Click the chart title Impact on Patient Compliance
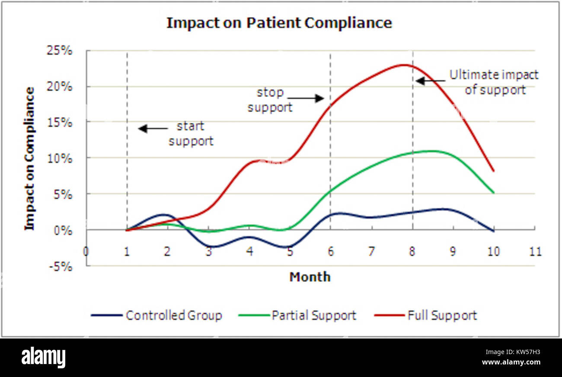(x=279, y=23)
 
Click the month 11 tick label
(x=535, y=251)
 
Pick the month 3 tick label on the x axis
(x=209, y=251)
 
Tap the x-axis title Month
(x=310, y=277)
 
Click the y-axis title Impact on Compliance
(x=29, y=158)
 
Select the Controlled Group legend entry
(x=156, y=316)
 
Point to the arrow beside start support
(x=153, y=129)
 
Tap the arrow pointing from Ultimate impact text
(x=430, y=81)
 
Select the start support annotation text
(x=191, y=134)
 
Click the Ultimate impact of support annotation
(x=494, y=82)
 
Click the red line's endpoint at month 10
(x=494, y=171)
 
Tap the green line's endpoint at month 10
(x=494, y=193)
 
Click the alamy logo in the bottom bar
(x=44, y=358)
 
